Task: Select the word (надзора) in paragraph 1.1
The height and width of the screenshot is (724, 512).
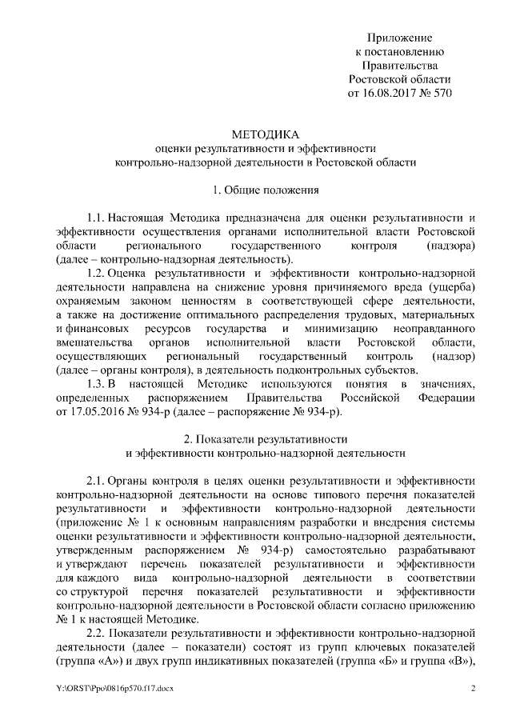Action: [x=451, y=246]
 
